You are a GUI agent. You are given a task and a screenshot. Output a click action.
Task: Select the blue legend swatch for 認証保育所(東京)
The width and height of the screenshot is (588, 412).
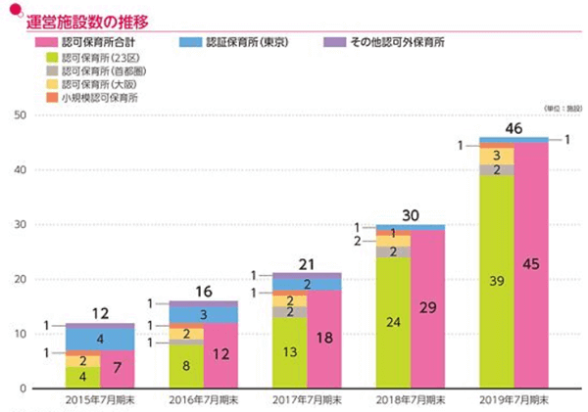pyautogui.click(x=191, y=44)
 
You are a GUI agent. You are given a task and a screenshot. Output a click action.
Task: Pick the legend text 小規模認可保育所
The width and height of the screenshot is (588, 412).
pyautogui.click(x=99, y=99)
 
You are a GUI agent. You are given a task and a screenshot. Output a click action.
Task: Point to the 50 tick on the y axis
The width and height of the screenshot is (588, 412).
pyautogui.click(x=20, y=115)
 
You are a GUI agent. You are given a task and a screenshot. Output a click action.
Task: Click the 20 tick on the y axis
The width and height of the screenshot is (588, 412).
pyautogui.click(x=20, y=280)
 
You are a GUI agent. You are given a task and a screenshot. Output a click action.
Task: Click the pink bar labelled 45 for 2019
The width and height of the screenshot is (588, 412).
pyautogui.click(x=531, y=264)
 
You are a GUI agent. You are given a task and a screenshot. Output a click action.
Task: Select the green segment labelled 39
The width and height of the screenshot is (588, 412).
pyautogui.click(x=496, y=282)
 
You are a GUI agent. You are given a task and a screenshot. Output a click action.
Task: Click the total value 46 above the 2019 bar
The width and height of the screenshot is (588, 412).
pyautogui.click(x=514, y=128)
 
